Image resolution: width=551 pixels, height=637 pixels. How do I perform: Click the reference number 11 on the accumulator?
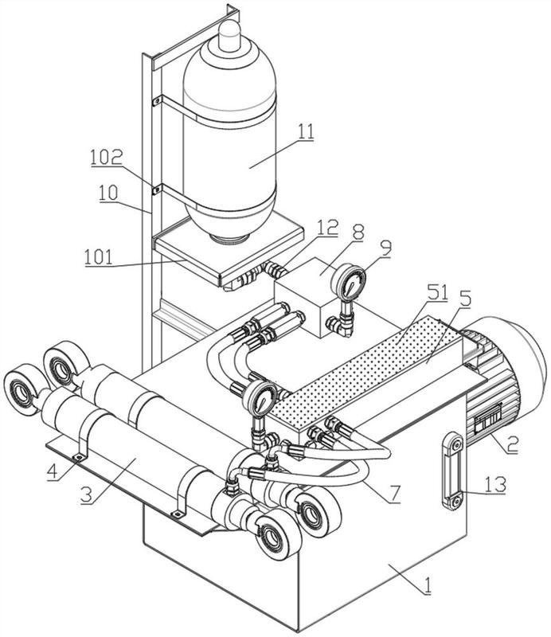point(306,132)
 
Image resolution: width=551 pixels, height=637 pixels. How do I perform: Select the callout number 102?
point(106,157)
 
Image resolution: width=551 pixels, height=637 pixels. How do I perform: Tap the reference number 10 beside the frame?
point(108,193)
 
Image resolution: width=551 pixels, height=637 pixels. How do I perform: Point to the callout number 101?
point(98,257)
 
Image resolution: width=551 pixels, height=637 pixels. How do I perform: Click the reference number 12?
point(328,228)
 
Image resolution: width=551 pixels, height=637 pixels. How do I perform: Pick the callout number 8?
point(358,233)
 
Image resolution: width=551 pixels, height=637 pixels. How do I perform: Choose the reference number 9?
point(386,248)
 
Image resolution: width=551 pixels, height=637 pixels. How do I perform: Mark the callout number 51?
point(437,292)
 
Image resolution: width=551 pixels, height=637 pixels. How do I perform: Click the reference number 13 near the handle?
point(496,485)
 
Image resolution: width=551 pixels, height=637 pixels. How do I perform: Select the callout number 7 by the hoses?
point(394,493)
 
